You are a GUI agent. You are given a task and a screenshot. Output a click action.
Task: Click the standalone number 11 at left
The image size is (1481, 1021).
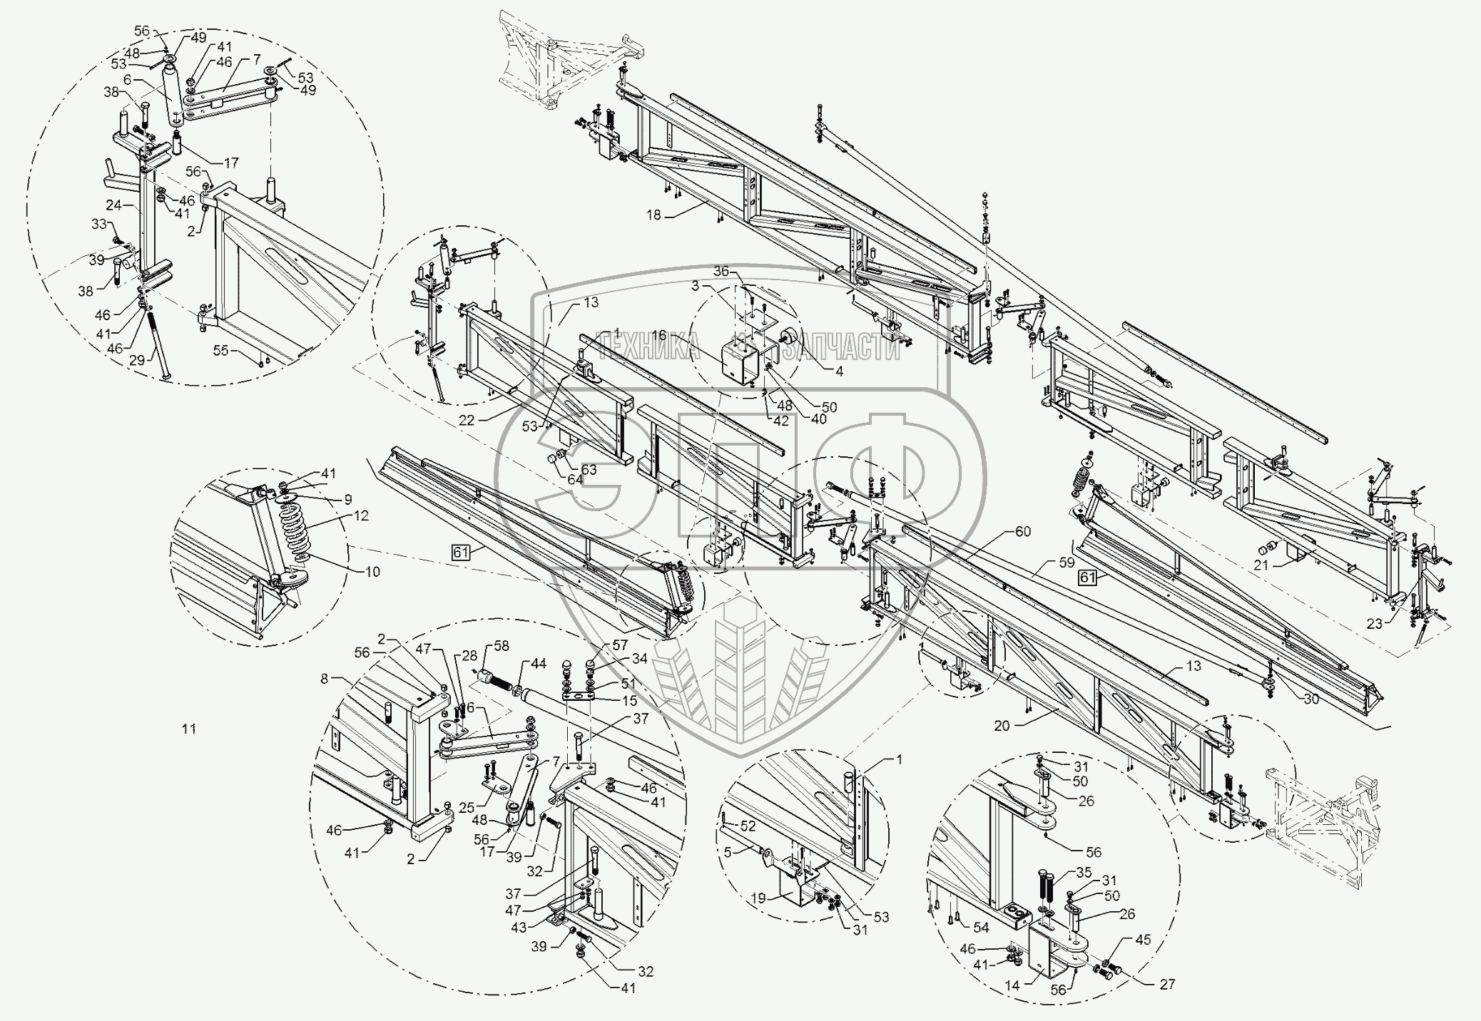(x=188, y=729)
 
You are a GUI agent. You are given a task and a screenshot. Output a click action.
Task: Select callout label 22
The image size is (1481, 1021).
(x=466, y=421)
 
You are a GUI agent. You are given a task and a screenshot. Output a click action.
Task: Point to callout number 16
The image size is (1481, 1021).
(x=658, y=335)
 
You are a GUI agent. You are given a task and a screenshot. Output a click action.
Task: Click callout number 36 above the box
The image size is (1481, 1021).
(x=722, y=272)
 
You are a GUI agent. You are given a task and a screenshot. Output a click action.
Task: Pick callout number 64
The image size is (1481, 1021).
(x=575, y=479)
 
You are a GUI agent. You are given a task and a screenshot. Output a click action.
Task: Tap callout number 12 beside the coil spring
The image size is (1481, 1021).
(x=362, y=515)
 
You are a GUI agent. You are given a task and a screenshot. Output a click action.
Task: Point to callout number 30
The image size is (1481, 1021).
(x=1310, y=699)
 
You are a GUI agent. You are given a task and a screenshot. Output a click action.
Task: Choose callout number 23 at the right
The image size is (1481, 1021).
(x=1375, y=623)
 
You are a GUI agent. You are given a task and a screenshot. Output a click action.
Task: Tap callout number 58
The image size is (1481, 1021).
(x=502, y=646)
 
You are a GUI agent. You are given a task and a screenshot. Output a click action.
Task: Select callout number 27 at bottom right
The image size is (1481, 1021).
(x=1166, y=984)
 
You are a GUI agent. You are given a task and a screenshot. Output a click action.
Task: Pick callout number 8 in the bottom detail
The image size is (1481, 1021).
(x=325, y=679)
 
